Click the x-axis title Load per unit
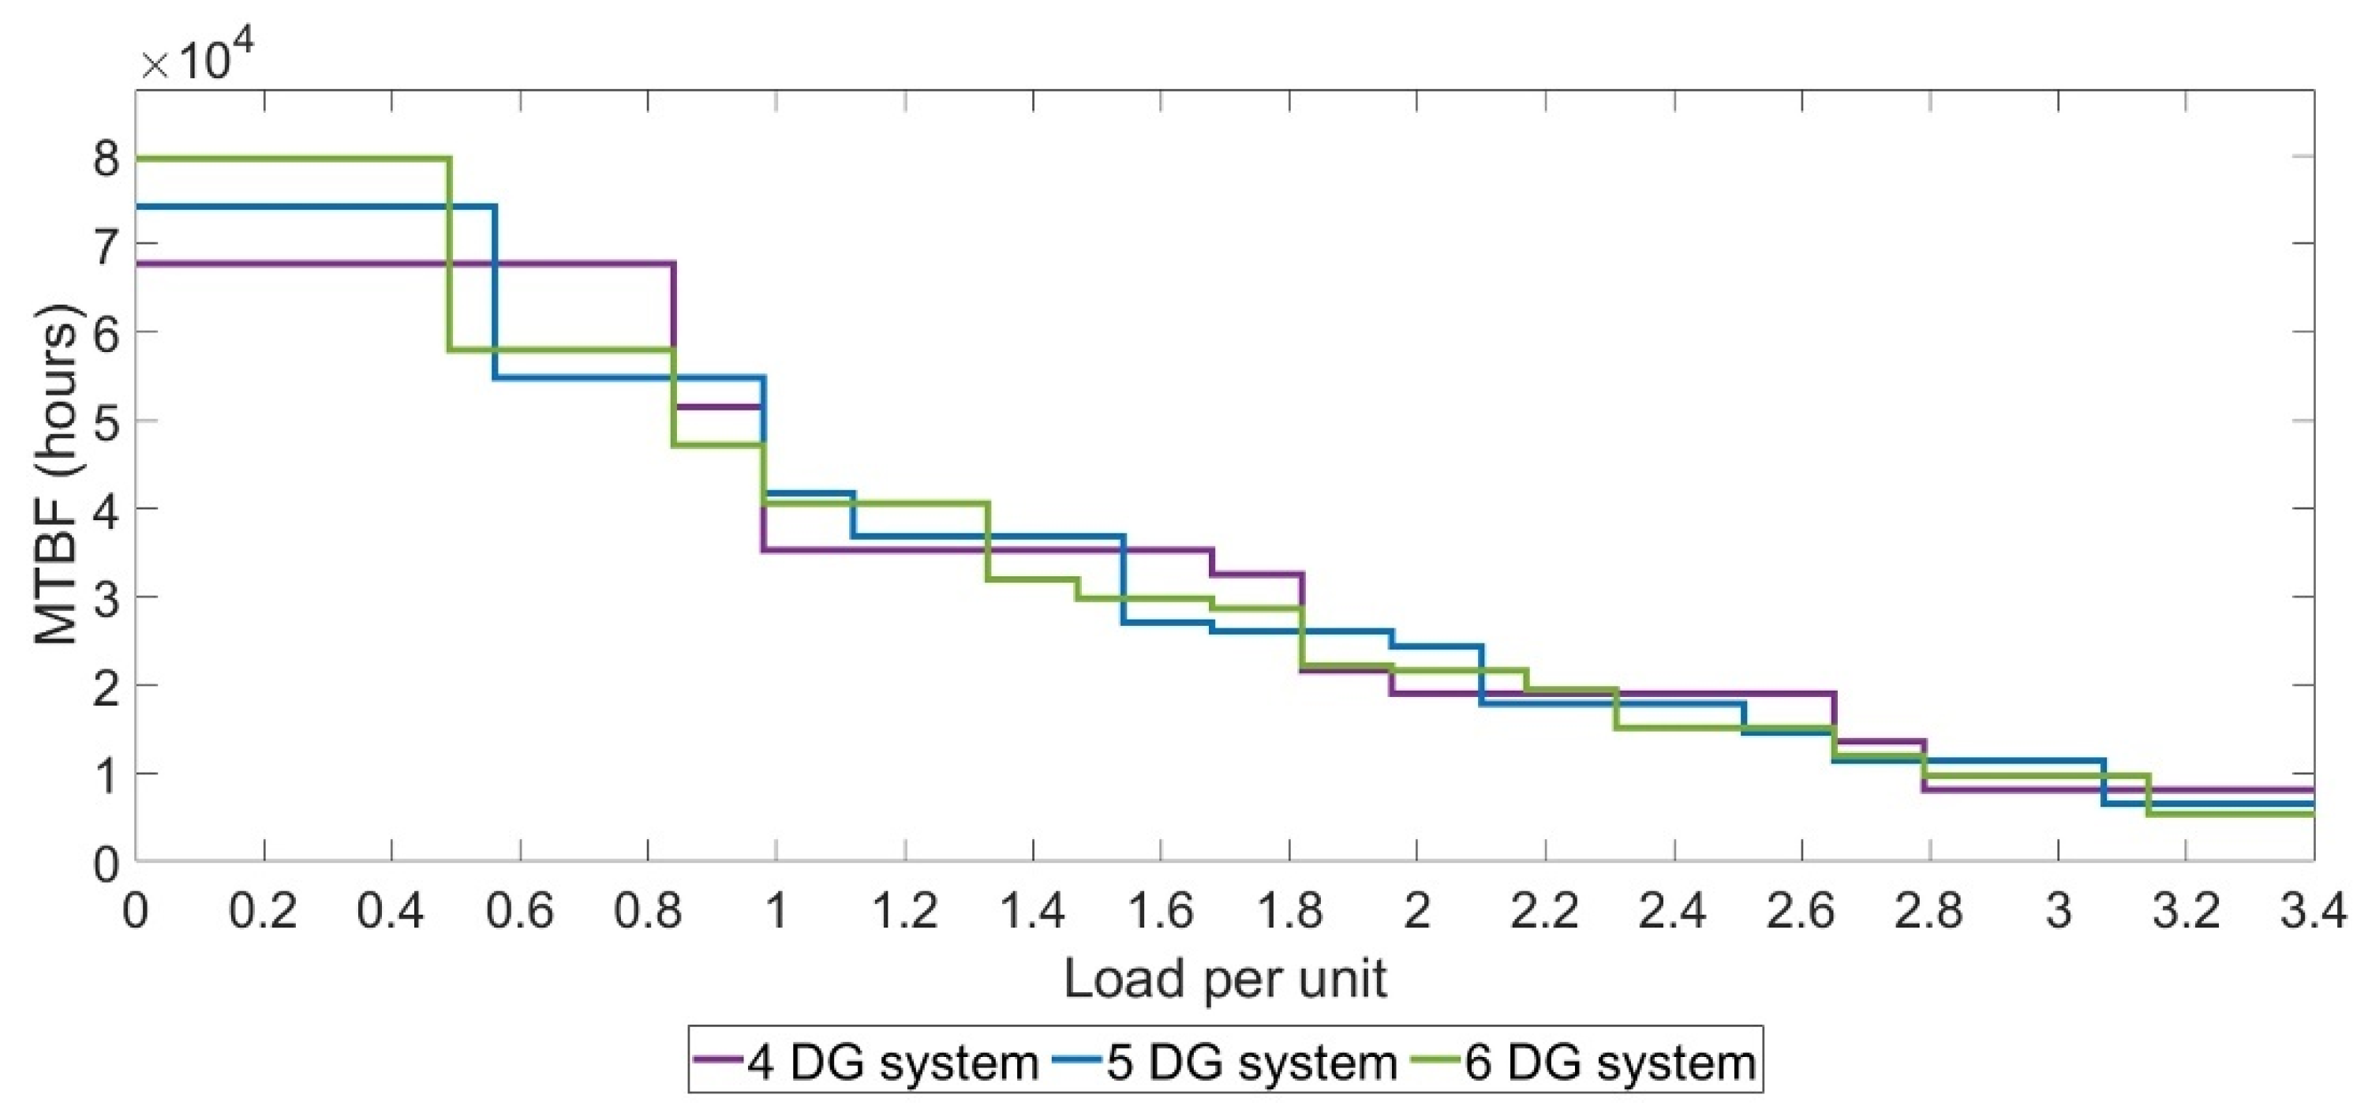pyautogui.click(x=1225, y=979)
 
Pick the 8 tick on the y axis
pyautogui.click(x=107, y=158)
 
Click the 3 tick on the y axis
pyautogui.click(x=107, y=597)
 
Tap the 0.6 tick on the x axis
pyautogui.click(x=520, y=911)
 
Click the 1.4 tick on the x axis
pyautogui.click(x=1032, y=911)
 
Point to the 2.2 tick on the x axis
pyautogui.click(x=1544, y=911)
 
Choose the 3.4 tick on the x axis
pyautogui.click(x=2313, y=911)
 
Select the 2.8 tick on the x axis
pyautogui.click(x=1928, y=911)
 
